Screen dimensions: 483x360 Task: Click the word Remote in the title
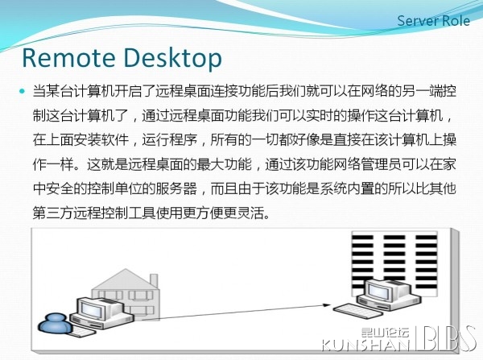pyautogui.click(x=68, y=58)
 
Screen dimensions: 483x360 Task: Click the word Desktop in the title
pyautogui.click(x=172, y=59)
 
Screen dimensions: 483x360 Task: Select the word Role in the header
pyautogui.click(x=456, y=21)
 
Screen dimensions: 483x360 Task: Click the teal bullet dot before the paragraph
pyautogui.click(x=22, y=91)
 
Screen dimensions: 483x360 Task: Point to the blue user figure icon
pyautogui.click(x=55, y=323)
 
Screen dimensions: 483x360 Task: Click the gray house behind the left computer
pyautogui.click(x=126, y=294)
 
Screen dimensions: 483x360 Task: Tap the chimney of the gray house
pyautogui.click(x=154, y=281)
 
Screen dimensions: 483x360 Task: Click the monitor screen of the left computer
pyautogui.click(x=92, y=310)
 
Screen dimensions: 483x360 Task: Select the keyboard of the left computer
pyautogui.click(x=80, y=332)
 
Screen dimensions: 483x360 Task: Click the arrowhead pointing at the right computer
pyautogui.click(x=326, y=305)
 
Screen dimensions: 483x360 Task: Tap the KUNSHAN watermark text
pyautogui.click(x=365, y=345)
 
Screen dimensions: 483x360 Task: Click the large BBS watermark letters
pyautogui.click(x=448, y=338)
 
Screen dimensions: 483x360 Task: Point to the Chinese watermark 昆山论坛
pyautogui.click(x=385, y=333)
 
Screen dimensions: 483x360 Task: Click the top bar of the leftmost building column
pyautogui.click(x=362, y=238)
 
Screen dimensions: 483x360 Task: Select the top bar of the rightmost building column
pyautogui.click(x=427, y=238)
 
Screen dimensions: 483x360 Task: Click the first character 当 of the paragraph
pyautogui.click(x=39, y=92)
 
